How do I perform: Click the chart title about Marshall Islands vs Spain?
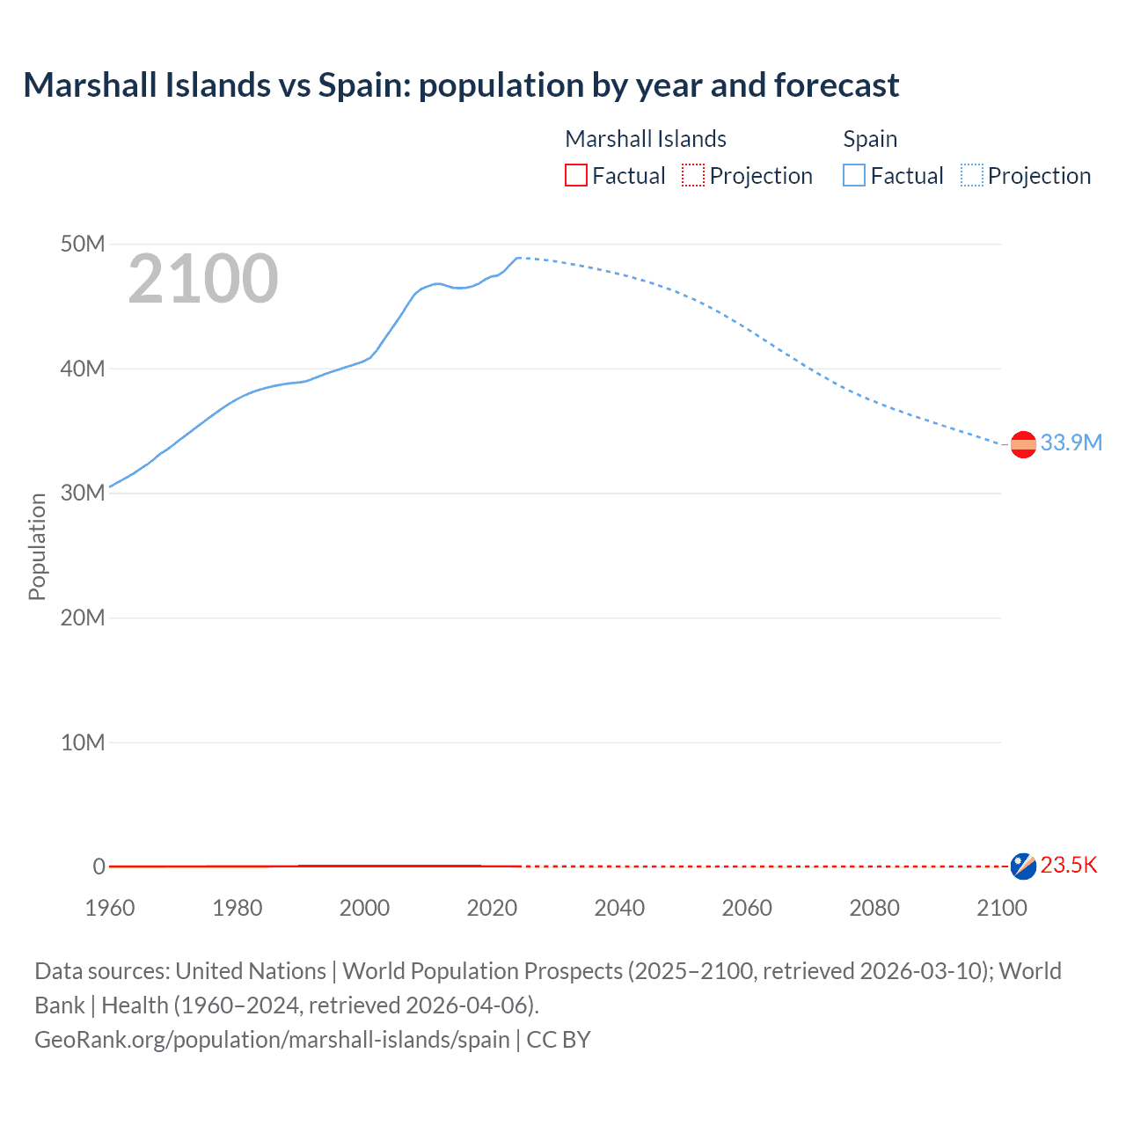tap(461, 85)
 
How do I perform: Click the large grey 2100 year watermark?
tap(203, 279)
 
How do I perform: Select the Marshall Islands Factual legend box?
tap(575, 176)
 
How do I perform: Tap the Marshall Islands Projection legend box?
tap(693, 176)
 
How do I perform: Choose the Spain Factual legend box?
tap(854, 176)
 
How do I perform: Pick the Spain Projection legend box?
tap(972, 176)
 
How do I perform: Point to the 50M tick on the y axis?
tap(83, 244)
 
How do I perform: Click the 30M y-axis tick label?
tap(83, 493)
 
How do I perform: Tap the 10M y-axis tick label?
tap(83, 742)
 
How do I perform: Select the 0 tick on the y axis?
tap(99, 866)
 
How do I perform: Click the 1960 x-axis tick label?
tap(110, 908)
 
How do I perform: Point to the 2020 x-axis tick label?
tap(492, 908)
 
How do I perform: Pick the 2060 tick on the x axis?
tap(747, 908)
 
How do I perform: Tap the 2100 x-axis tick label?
tap(1001, 908)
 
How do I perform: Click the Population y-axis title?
tap(37, 546)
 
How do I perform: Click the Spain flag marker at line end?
tap(1023, 445)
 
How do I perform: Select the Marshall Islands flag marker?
tap(1023, 866)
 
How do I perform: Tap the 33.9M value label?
tap(1071, 442)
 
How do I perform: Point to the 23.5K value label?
tap(1069, 866)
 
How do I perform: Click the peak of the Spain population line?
tap(519, 258)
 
